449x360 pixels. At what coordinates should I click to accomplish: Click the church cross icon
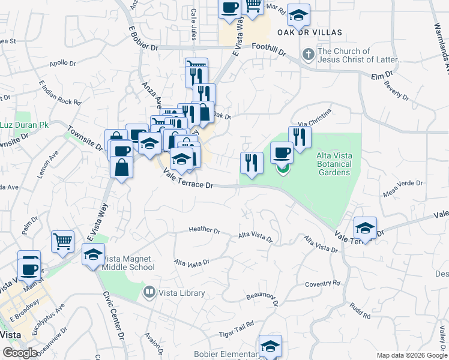309,55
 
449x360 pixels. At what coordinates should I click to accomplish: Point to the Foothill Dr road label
270,49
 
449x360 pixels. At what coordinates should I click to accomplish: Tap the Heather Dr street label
205,230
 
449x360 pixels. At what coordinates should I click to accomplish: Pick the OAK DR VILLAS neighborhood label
309,32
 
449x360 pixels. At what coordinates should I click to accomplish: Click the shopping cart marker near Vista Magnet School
62,241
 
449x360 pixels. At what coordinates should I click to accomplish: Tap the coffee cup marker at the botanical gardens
282,152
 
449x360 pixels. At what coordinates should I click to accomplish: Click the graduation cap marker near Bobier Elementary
270,346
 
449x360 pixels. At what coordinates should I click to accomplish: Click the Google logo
20,353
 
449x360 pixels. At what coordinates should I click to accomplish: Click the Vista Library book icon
149,293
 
